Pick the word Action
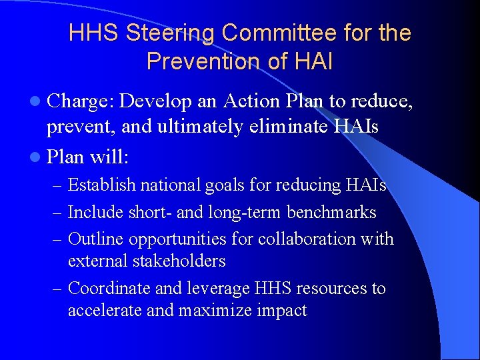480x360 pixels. (x=256, y=101)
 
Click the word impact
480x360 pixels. (x=283, y=311)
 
